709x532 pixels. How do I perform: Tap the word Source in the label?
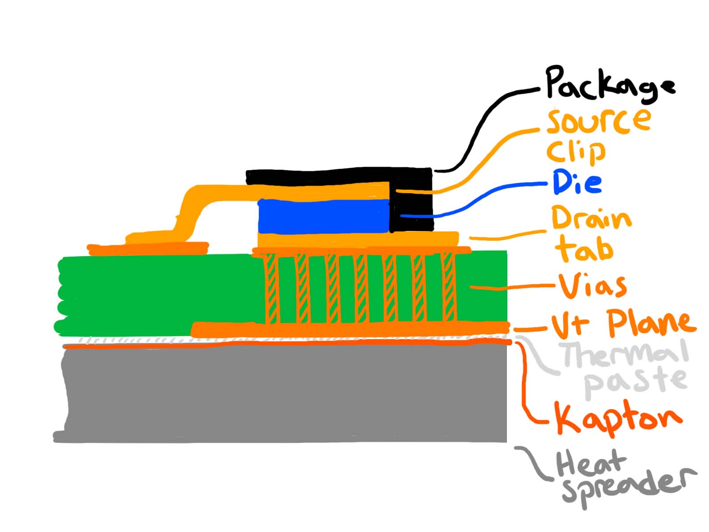598,121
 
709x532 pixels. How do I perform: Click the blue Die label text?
577,183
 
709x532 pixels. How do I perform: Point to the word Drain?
591,218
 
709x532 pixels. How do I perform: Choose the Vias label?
593,286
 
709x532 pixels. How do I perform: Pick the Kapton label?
618,418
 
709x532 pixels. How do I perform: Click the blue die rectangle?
323,216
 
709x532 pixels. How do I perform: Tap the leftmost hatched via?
272,288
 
